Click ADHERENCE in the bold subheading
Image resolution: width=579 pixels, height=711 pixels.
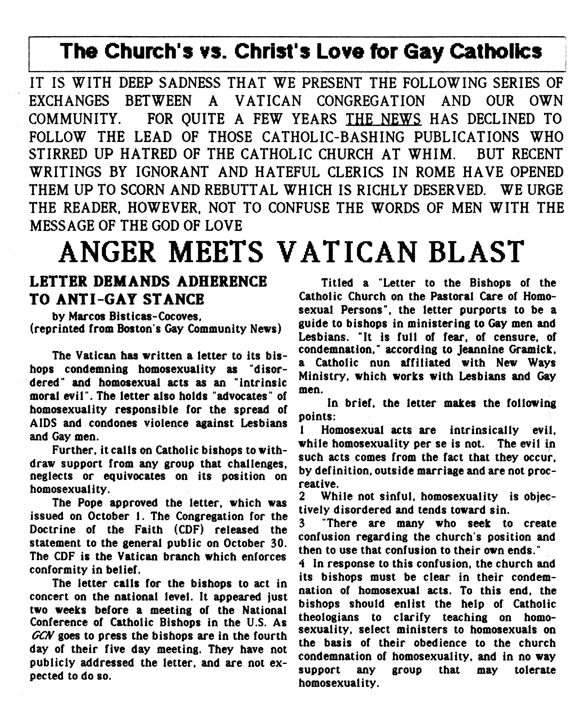coord(222,282)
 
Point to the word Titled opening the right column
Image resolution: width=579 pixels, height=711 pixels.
coord(337,283)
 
